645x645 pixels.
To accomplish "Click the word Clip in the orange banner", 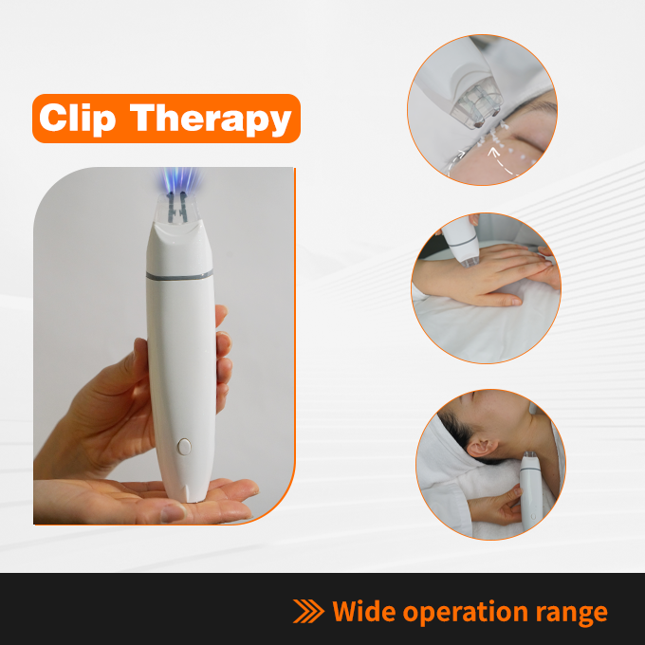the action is click(x=78, y=119).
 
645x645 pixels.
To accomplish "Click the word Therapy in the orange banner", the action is click(x=211, y=119).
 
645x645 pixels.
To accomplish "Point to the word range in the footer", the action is click(x=571, y=614).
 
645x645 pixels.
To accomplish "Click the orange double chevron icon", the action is click(x=308, y=611).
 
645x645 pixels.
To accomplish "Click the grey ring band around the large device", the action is click(x=180, y=275).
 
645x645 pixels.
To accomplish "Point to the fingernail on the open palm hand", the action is click(x=174, y=513).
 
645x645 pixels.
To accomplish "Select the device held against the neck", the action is click(x=531, y=490).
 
